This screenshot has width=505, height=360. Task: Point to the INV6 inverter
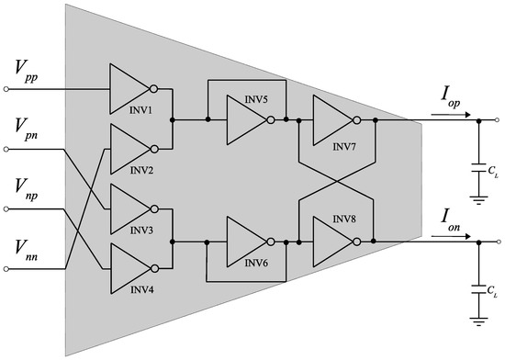tap(244, 241)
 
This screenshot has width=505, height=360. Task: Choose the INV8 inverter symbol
tap(331, 241)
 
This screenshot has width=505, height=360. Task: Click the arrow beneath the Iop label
tap(458, 115)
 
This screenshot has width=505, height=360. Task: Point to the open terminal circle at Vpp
tap(8, 89)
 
